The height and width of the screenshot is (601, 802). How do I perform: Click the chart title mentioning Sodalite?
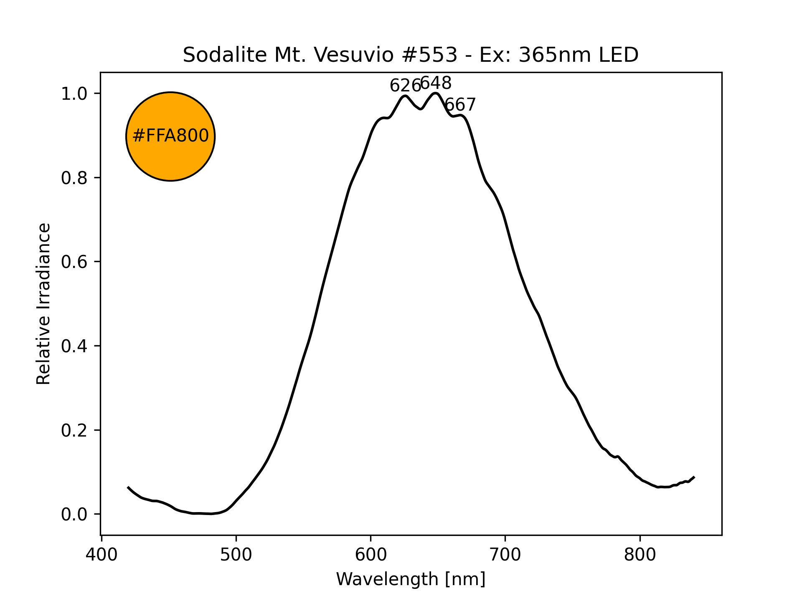[x=411, y=55]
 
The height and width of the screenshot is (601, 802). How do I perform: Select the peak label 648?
[x=436, y=83]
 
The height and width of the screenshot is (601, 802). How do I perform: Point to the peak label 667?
[x=460, y=105]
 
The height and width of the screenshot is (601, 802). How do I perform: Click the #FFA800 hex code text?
[x=170, y=136]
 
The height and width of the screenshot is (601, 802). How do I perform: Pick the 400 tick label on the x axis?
[x=101, y=555]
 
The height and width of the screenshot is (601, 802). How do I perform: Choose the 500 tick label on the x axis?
[x=236, y=555]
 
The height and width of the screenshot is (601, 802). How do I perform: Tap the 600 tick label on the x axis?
[x=371, y=555]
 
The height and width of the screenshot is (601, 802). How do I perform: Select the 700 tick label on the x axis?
[x=505, y=555]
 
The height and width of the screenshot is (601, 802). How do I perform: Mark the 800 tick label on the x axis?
[x=640, y=555]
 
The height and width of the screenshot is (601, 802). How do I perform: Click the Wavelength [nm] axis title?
[x=411, y=579]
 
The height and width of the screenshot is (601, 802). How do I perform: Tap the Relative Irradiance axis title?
[x=43, y=303]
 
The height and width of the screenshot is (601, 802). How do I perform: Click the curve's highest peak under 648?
[x=435, y=93]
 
